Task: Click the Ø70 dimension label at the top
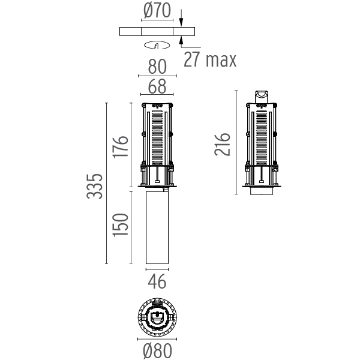(157, 10)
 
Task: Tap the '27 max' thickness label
(210, 59)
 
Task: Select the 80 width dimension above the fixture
(157, 67)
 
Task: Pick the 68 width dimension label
(157, 86)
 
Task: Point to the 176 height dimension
(121, 146)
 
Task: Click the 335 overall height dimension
(95, 186)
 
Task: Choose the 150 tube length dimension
(120, 225)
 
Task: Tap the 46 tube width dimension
(157, 281)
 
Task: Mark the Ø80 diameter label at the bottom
(157, 350)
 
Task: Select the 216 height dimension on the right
(222, 144)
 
